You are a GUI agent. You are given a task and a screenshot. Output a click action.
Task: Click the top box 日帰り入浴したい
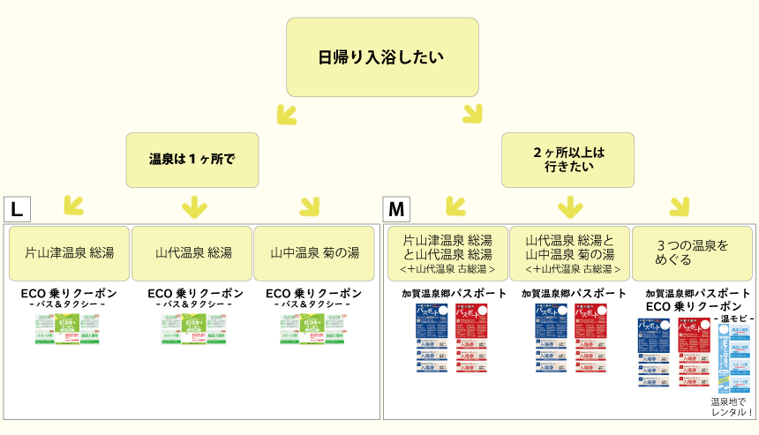click(x=381, y=57)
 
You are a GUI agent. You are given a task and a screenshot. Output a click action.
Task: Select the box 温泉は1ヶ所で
click(x=192, y=160)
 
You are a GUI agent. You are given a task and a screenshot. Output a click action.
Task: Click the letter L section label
click(x=17, y=209)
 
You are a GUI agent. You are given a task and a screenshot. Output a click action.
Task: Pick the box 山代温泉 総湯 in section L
click(x=192, y=252)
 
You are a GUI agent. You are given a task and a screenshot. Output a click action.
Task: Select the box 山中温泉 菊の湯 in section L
click(x=314, y=252)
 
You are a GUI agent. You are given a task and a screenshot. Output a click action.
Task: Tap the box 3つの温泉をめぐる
click(x=693, y=252)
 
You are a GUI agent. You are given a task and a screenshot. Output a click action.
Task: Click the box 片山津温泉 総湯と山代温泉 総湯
click(x=447, y=252)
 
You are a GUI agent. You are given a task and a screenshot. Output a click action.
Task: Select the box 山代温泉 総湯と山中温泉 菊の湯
click(x=570, y=252)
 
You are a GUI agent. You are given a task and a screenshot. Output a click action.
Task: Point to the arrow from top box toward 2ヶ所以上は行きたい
click(x=472, y=113)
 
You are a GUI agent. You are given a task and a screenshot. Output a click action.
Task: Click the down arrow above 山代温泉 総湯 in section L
click(x=192, y=207)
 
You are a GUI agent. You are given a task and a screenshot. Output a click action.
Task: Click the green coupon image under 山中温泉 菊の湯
click(x=314, y=328)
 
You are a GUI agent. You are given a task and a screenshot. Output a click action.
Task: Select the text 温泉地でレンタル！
click(x=733, y=406)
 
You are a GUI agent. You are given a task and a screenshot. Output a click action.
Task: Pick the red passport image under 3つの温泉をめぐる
click(x=695, y=352)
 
